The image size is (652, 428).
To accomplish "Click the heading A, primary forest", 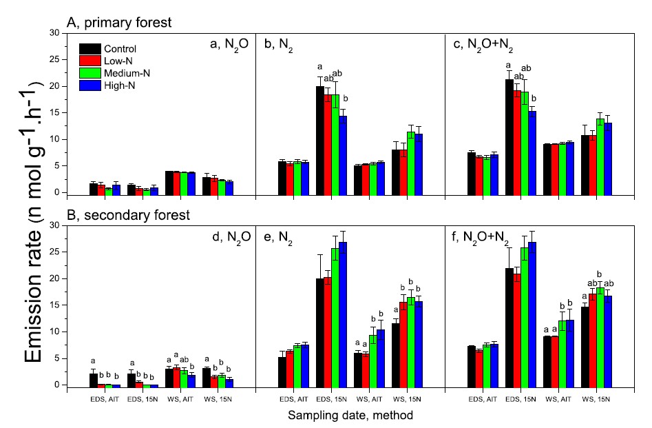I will pyautogui.click(x=118, y=22).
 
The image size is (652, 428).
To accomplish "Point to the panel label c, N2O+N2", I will pyautogui.click(x=483, y=45).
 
